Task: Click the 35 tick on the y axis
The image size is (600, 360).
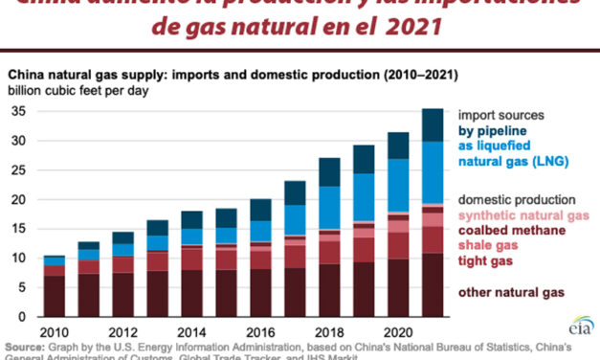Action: tap(17, 112)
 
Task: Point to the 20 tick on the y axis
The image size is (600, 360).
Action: tap(17, 199)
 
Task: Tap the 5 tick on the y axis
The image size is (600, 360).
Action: tap(21, 287)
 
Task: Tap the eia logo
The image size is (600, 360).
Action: tap(578, 323)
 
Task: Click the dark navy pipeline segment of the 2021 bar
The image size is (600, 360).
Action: tap(433, 124)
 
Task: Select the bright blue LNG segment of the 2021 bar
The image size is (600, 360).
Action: tap(433, 172)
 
